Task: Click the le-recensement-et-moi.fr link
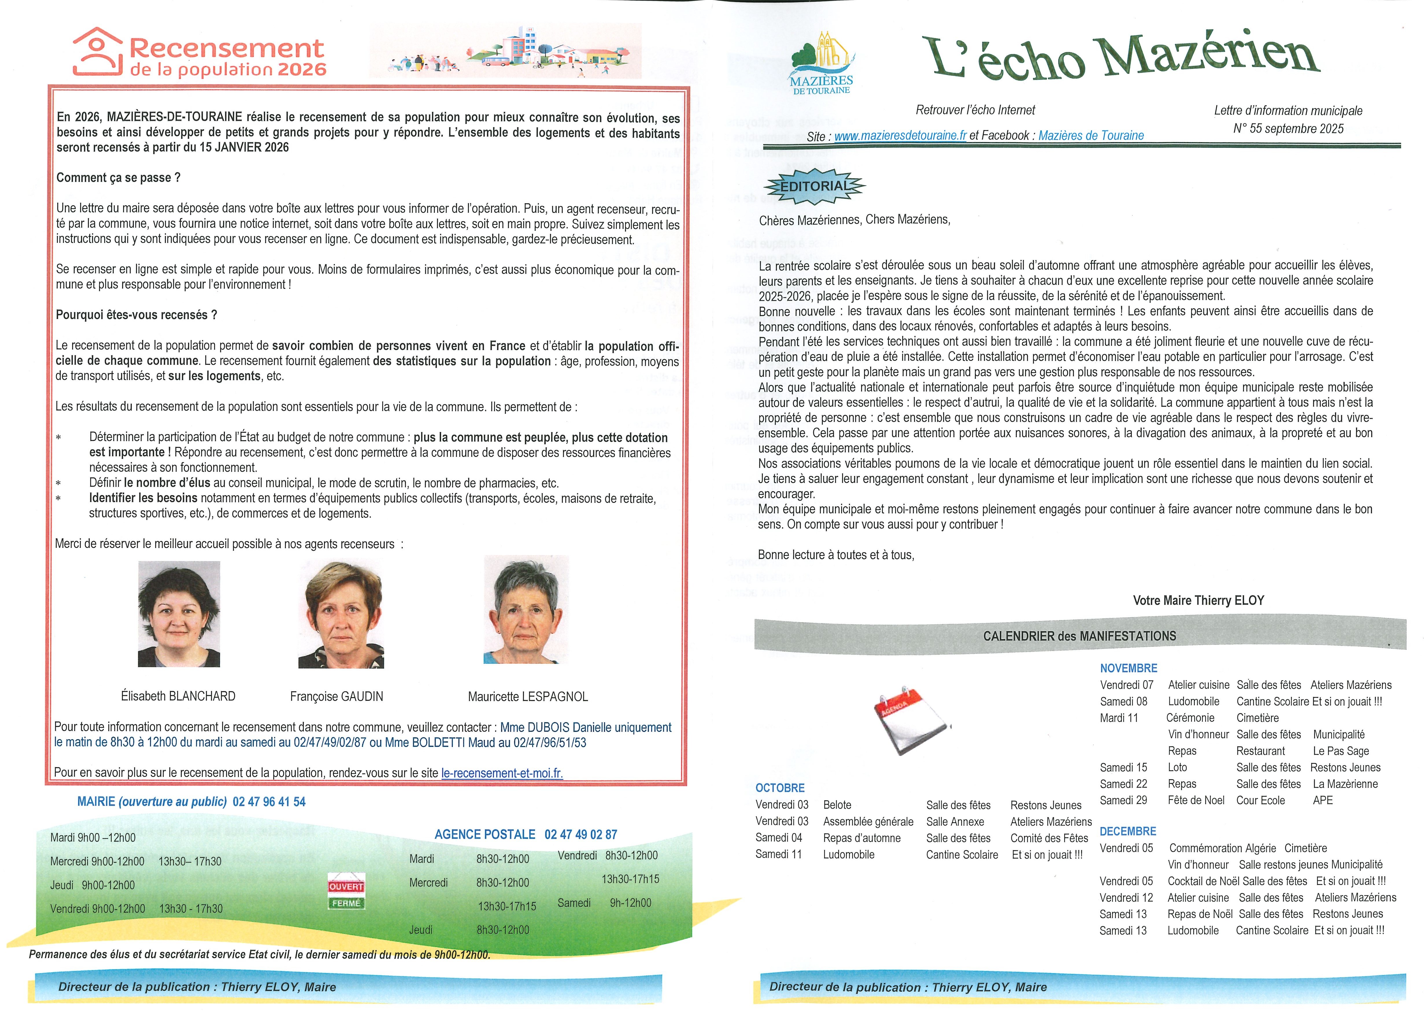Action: point(502,773)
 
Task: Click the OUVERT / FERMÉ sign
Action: point(346,894)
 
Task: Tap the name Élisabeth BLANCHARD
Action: point(178,696)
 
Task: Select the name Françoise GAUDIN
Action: point(336,696)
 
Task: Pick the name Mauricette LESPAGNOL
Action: point(527,696)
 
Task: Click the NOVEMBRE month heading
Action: point(1128,668)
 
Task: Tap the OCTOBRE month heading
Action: point(780,788)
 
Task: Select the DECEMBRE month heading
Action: point(1127,831)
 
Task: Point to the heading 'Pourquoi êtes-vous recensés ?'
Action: point(137,315)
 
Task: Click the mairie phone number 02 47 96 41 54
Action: point(269,802)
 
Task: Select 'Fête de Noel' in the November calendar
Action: point(1195,800)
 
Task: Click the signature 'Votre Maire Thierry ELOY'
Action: point(1198,601)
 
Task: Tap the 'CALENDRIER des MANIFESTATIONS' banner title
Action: point(1079,636)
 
